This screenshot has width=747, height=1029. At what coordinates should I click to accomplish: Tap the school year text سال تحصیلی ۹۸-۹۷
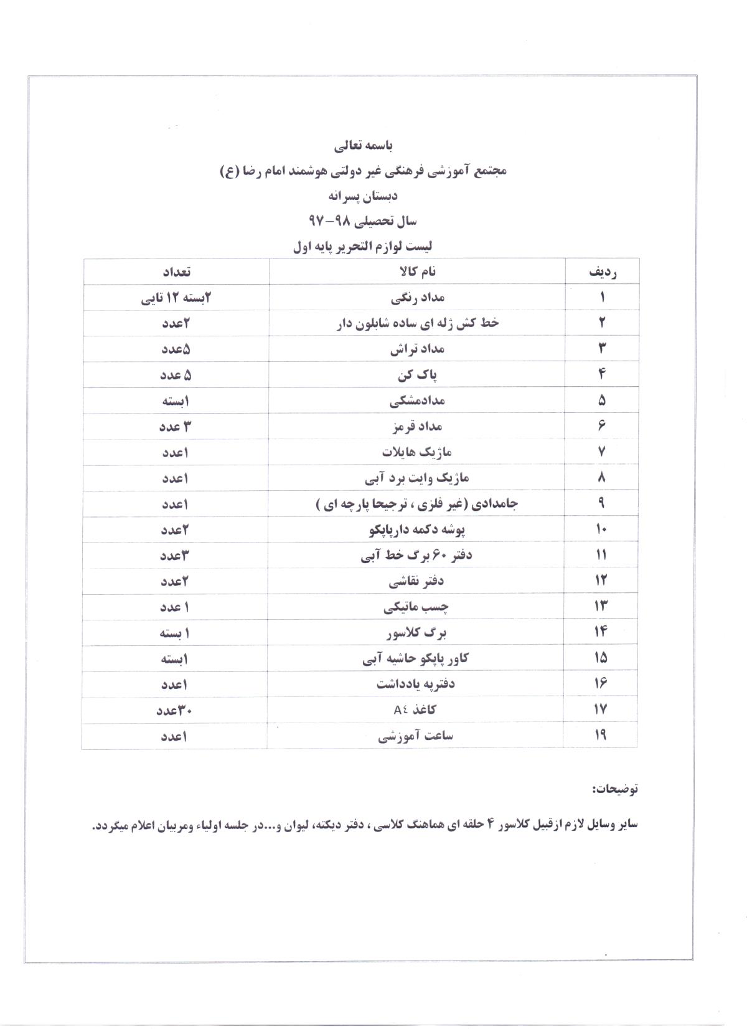363,220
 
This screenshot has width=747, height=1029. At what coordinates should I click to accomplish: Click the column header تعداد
176,272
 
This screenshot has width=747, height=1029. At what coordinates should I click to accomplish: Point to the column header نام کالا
416,272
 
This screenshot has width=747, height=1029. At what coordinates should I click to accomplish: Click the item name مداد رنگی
418,298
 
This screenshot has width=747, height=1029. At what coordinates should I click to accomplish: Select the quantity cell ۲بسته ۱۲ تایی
176,298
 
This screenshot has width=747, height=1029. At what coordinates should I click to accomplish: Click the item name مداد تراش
418,349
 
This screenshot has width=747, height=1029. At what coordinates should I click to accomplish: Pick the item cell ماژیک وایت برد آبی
417,478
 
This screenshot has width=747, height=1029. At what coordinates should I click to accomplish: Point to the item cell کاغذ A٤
417,709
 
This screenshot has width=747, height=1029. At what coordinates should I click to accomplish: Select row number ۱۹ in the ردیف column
601,736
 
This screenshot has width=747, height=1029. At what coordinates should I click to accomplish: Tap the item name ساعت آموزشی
416,736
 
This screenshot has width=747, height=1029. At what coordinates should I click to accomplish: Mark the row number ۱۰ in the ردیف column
601,529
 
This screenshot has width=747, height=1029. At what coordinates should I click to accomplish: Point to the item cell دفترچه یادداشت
416,684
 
